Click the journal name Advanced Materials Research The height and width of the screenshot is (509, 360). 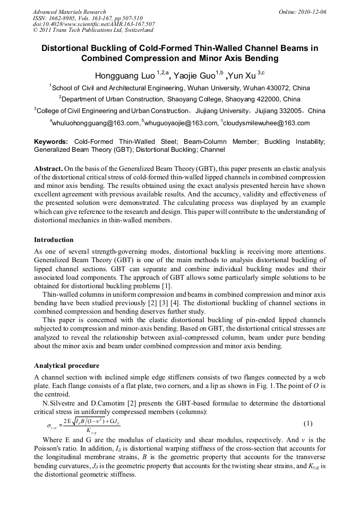[x=69, y=12]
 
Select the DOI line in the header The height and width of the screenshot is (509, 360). [x=93, y=24]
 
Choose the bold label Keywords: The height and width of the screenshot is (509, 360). [x=51, y=142]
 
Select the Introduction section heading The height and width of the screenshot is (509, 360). [x=54, y=239]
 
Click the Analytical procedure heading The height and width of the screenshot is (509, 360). [x=66, y=366]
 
